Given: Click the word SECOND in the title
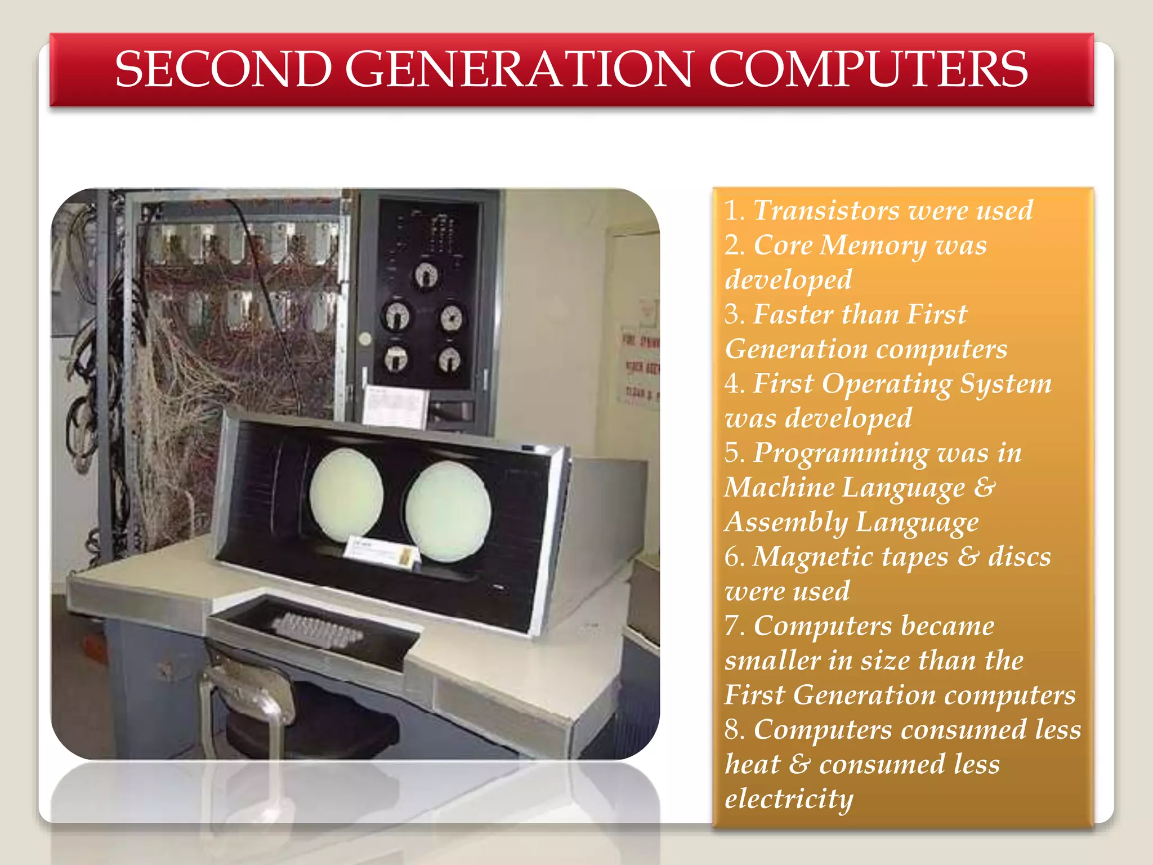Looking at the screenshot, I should click(x=223, y=70).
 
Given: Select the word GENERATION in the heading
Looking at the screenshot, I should click(x=519, y=70).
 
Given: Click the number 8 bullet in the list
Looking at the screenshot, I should click(x=734, y=730).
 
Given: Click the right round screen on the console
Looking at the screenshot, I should click(x=448, y=511).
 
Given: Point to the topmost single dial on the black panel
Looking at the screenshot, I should click(x=426, y=275).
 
